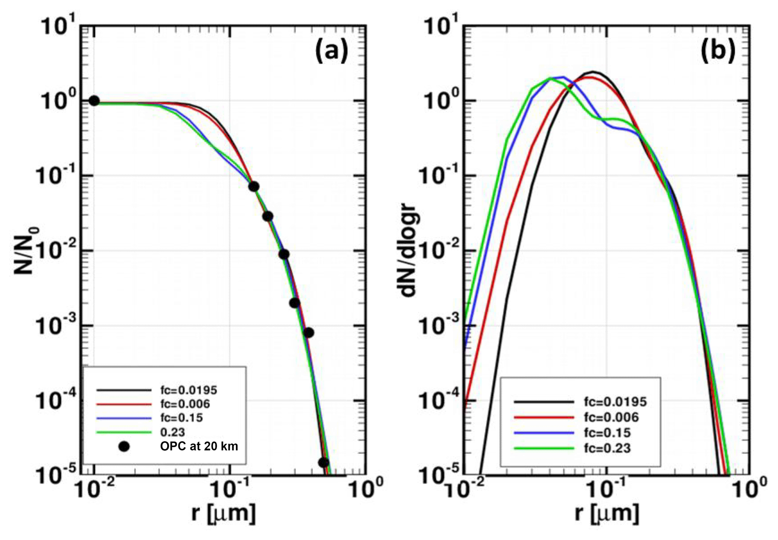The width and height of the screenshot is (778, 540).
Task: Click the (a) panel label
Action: pyautogui.click(x=332, y=51)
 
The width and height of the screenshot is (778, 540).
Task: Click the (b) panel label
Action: pyautogui.click(x=717, y=51)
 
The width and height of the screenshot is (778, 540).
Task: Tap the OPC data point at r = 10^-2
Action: pyautogui.click(x=94, y=101)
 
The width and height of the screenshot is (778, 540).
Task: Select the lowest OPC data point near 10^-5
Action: pyautogui.click(x=323, y=462)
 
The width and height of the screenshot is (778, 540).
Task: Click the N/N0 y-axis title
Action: pyautogui.click(x=27, y=250)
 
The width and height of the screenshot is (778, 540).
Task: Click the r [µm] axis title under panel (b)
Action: pyautogui.click(x=607, y=513)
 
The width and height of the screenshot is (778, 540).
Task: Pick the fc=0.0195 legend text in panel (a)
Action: pyautogui.click(x=189, y=390)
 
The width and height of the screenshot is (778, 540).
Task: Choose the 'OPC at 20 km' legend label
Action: pyautogui.click(x=199, y=446)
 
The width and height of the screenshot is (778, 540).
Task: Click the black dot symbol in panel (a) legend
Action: pyautogui.click(x=124, y=447)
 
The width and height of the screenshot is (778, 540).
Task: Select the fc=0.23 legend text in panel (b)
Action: pyautogui.click(x=607, y=448)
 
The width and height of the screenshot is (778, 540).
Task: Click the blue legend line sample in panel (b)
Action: pyautogui.click(x=544, y=433)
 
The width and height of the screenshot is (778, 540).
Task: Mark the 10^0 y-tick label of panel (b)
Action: pyautogui.click(x=440, y=101)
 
